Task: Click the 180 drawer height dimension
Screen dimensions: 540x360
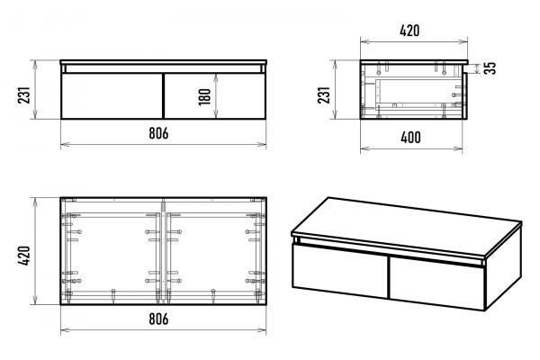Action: pyautogui.click(x=204, y=96)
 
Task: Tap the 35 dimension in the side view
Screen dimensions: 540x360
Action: pyautogui.click(x=490, y=67)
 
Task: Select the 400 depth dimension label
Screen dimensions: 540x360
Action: pyautogui.click(x=410, y=138)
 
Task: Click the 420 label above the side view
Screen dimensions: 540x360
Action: pyautogui.click(x=409, y=31)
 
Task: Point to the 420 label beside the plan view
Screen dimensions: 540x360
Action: pyautogui.click(x=24, y=256)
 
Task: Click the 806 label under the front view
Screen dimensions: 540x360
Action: pyautogui.click(x=158, y=133)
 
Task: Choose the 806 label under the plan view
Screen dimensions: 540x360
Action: pyautogui.click(x=158, y=319)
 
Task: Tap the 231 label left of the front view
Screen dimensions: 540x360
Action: pyautogui.click(x=24, y=94)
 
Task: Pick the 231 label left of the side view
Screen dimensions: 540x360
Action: pyautogui.click(x=324, y=94)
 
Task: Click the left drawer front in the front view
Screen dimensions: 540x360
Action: pyautogui.click(x=112, y=95)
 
